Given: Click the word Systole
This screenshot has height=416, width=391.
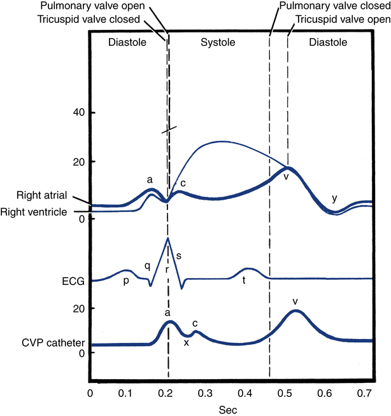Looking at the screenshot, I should tap(218, 43).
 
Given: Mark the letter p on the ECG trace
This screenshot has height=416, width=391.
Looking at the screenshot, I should tap(126, 281).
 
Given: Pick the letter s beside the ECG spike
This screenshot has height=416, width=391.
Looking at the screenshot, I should tap(178, 255).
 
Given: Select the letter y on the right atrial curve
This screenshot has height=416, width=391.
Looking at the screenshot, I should tap(334, 199).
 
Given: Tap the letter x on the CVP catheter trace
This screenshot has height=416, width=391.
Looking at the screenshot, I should tap(186, 342).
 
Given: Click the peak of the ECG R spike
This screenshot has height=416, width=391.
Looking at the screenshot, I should tap(167, 239).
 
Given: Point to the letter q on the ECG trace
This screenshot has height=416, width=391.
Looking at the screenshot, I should tap(146, 267).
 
